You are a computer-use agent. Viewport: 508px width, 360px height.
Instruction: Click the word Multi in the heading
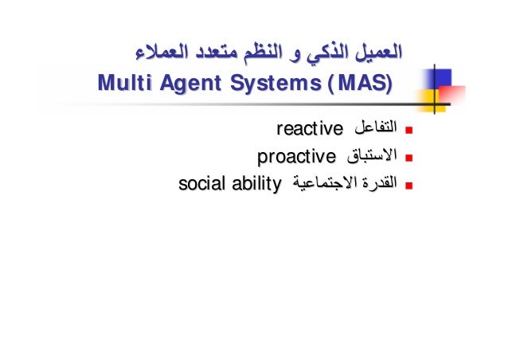[120, 83]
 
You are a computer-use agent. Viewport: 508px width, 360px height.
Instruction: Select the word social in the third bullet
[200, 185]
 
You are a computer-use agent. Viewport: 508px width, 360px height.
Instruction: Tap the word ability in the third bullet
[256, 185]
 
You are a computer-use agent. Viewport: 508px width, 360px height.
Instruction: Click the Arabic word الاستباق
[367, 155]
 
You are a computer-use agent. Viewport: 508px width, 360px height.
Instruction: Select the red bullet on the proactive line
[408, 157]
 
